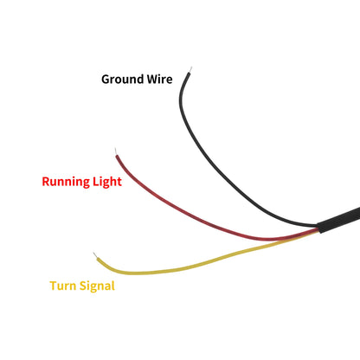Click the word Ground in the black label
pyautogui.click(x=123, y=80)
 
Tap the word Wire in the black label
pyautogui.click(x=159, y=79)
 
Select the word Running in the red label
pyautogui.click(x=66, y=182)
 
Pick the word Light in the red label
pyautogui.click(x=107, y=182)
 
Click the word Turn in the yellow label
pyautogui.click(x=63, y=286)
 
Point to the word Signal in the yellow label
pyautogui.click(x=97, y=286)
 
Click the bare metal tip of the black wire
pyautogui.click(x=190, y=69)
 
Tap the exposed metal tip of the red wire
pyautogui.click(x=116, y=151)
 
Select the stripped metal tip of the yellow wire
pyautogui.click(x=95, y=255)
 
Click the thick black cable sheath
pyautogui.click(x=339, y=220)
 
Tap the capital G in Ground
pyautogui.click(x=106, y=80)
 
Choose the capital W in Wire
pyautogui.click(x=152, y=80)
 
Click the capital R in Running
pyautogui.click(x=46, y=182)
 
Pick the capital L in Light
pyautogui.click(x=95, y=182)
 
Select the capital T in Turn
pyautogui.click(x=55, y=286)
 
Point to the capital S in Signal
pyautogui.click(x=83, y=286)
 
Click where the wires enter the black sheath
pyautogui.click(x=318, y=228)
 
